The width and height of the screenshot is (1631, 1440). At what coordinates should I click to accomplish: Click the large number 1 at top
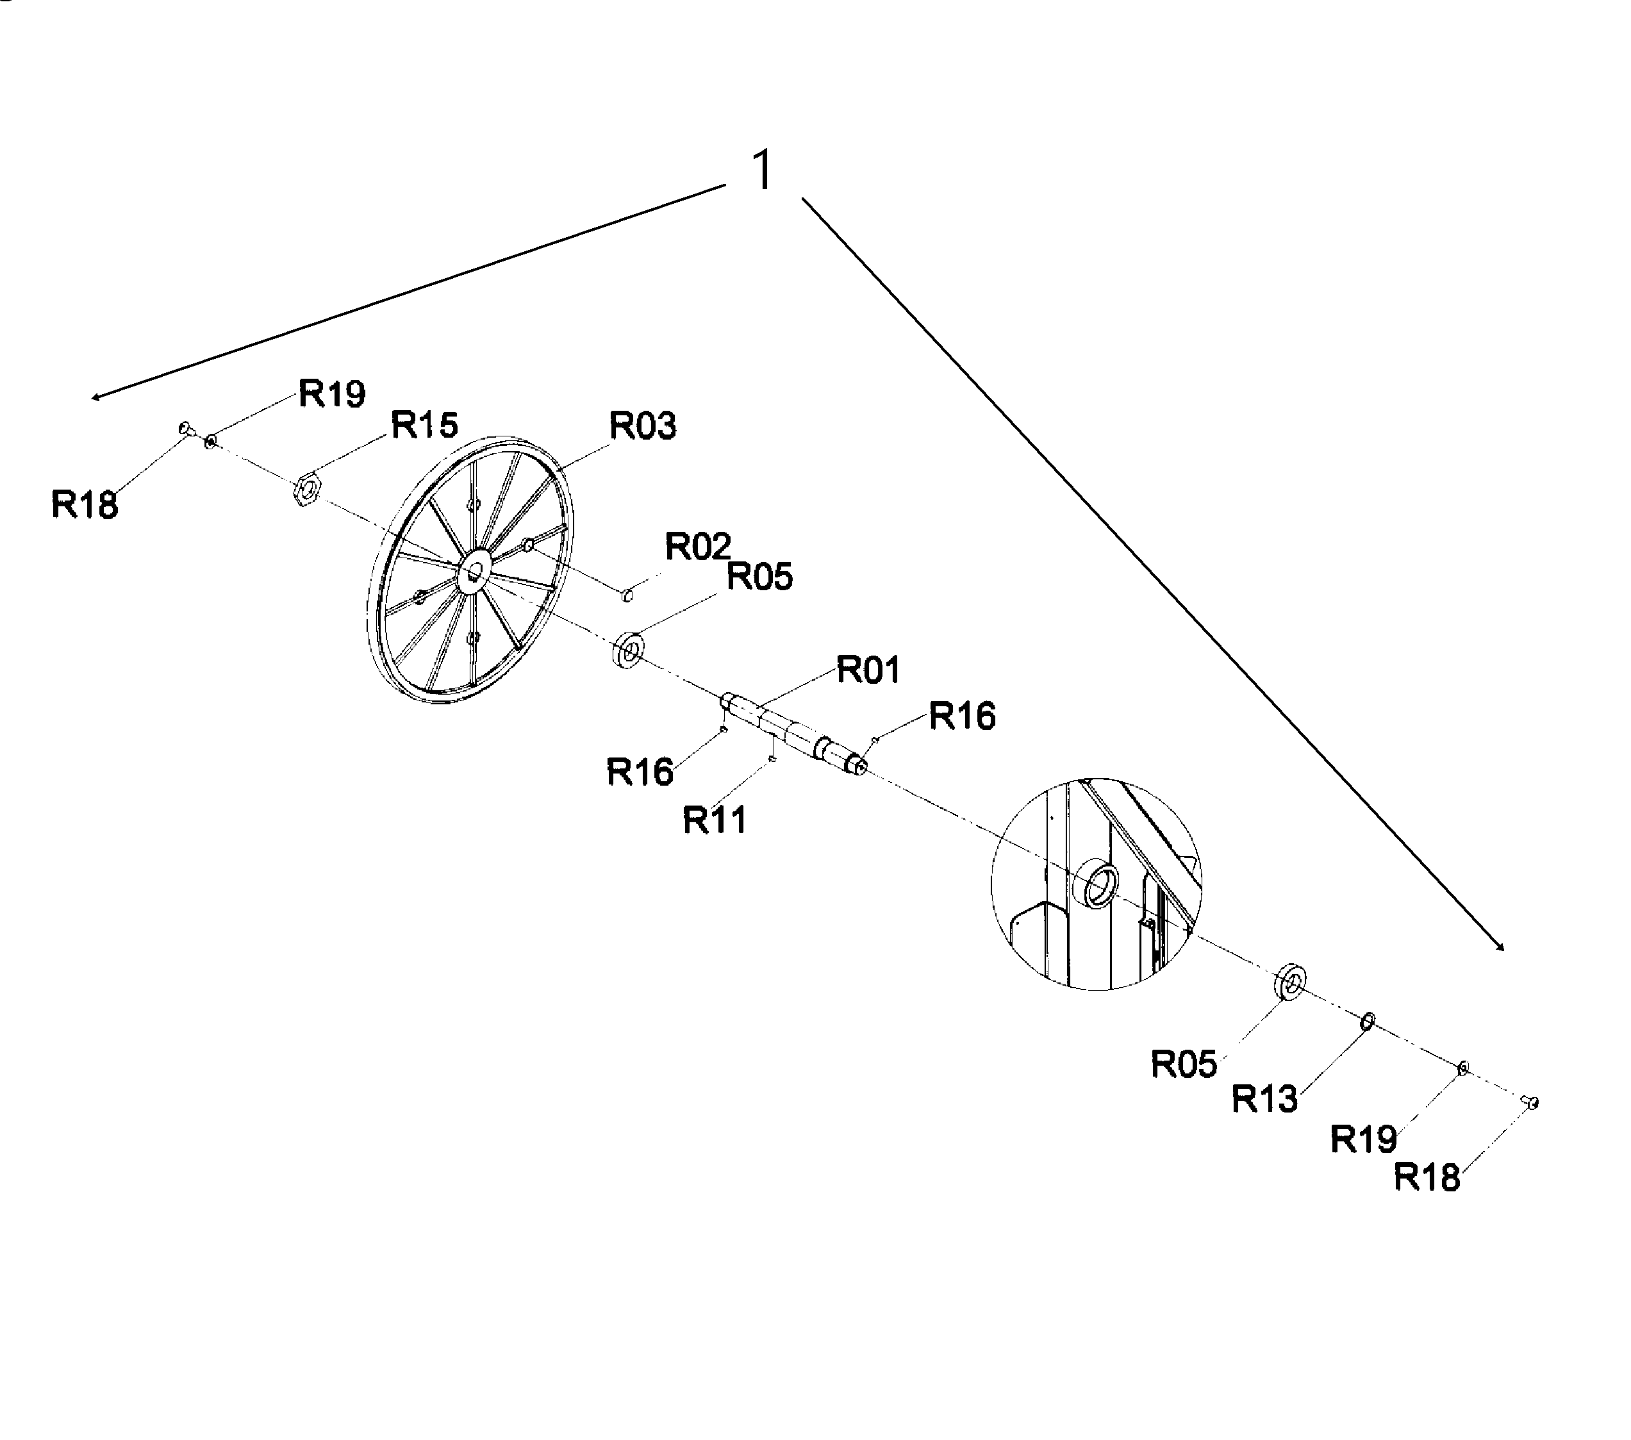tap(763, 170)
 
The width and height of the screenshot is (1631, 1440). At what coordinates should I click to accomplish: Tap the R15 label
tap(424, 426)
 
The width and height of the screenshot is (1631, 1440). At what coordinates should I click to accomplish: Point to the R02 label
tap(698, 547)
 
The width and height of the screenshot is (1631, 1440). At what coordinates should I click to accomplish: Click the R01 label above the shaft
tap(868, 670)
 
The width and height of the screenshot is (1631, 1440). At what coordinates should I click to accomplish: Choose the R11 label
tap(715, 820)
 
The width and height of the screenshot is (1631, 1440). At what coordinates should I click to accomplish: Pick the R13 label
tap(1264, 1099)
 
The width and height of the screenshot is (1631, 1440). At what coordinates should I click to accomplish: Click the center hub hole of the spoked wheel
tap(476, 571)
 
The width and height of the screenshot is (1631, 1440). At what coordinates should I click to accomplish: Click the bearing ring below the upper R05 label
tap(629, 650)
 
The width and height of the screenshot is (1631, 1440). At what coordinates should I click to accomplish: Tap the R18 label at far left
tap(85, 505)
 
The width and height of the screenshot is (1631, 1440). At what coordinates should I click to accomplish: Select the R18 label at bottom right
tap(1427, 1177)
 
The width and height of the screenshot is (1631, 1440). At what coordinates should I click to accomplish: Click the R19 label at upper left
tap(332, 394)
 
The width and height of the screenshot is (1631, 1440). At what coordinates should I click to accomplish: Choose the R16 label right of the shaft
tap(963, 716)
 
